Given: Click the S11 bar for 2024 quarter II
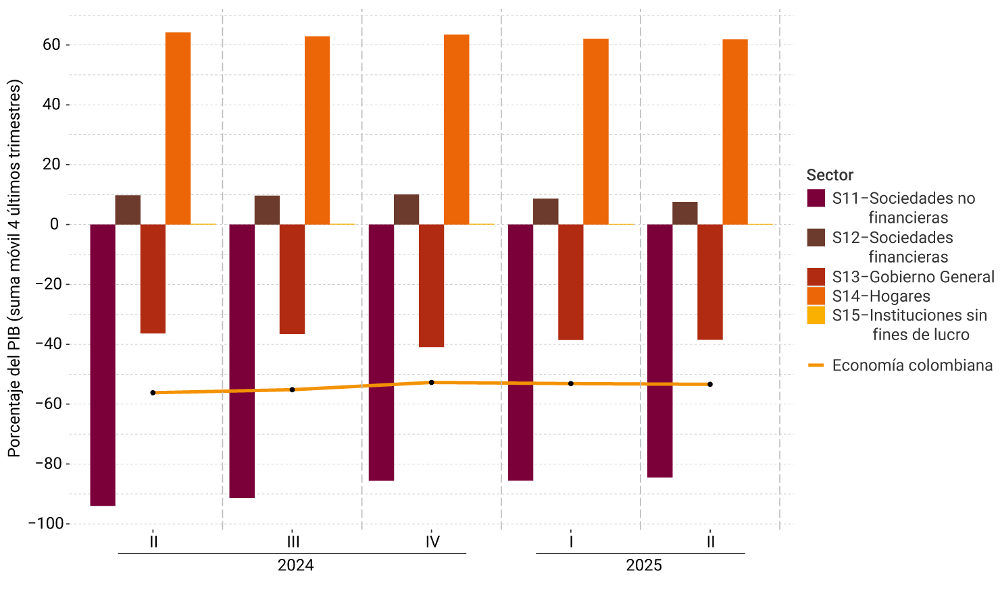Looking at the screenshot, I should pyautogui.click(x=103, y=364).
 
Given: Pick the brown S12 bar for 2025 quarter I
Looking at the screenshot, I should pyautogui.click(x=545, y=211).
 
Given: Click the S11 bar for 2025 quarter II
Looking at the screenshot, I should pyautogui.click(x=659, y=351).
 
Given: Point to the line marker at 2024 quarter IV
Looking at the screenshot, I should pyautogui.click(x=431, y=383).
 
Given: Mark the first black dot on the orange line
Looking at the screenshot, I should pyautogui.click(x=153, y=393).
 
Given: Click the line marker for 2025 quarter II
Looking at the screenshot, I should pyautogui.click(x=710, y=385).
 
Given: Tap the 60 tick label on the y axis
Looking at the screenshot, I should pyautogui.click(x=51, y=45).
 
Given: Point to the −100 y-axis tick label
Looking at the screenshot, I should pyautogui.click(x=46, y=524).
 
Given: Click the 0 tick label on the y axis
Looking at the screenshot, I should pyautogui.click(x=55, y=225).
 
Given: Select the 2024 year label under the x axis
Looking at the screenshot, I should pyautogui.click(x=295, y=566).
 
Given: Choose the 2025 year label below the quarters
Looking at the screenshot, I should pyautogui.click(x=643, y=566).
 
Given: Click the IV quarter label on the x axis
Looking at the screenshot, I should pyautogui.click(x=432, y=542).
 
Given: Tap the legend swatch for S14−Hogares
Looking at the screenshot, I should pyautogui.click(x=816, y=296).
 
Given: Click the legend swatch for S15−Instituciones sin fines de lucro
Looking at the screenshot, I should pyautogui.click(x=816, y=315).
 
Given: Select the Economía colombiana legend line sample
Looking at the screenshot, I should pyautogui.click(x=816, y=365).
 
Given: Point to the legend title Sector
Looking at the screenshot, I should pyautogui.click(x=830, y=175).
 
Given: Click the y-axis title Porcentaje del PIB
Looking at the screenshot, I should pyautogui.click(x=15, y=269).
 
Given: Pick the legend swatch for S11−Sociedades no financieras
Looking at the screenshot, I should pyautogui.click(x=816, y=198).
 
